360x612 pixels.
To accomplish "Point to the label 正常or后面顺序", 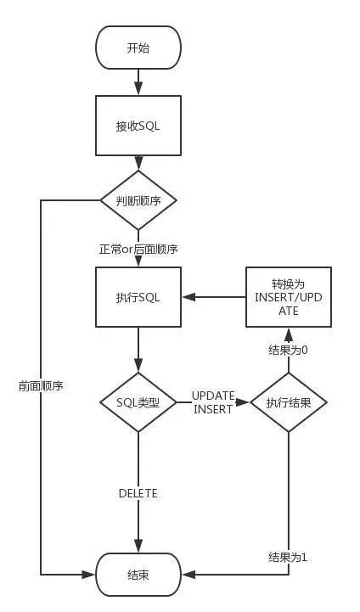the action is (138, 249).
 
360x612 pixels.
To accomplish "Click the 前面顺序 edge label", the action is (41, 386).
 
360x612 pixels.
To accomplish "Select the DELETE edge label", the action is (138, 493).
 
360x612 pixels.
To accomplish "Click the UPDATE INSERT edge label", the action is (213, 402).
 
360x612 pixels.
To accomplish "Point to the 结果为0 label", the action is (288, 350).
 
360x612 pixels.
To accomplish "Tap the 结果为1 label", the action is (288, 558).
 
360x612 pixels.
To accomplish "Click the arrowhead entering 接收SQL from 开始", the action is (138, 89).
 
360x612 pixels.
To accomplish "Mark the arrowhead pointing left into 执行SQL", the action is (188, 297).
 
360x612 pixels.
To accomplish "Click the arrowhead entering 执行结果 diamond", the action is (244, 402).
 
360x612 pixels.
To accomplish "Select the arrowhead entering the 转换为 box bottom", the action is (289, 334).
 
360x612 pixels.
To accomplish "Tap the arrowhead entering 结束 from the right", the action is (188, 575).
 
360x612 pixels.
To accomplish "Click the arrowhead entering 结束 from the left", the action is (88, 575).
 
